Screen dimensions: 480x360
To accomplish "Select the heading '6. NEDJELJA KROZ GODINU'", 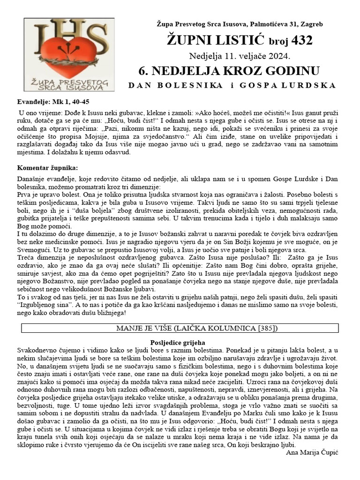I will click(x=229, y=71).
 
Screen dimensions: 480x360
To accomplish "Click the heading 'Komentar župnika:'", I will click(x=47, y=167).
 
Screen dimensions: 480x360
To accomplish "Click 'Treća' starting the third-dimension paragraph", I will click(x=26, y=257).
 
